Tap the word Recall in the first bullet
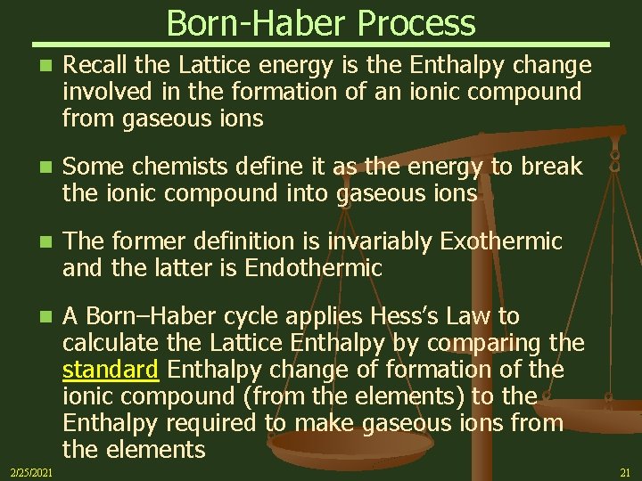pos(97,65)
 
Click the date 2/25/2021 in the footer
pos(30,471)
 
